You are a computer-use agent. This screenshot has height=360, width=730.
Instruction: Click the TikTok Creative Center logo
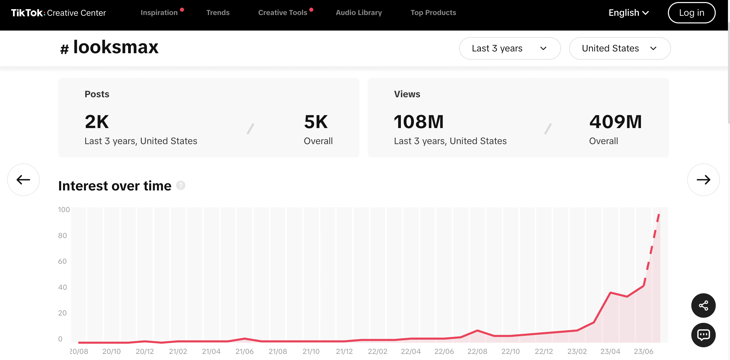tap(58, 13)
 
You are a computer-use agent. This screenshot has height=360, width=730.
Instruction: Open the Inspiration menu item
tap(159, 12)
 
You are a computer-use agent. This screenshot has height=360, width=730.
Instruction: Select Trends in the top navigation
tap(218, 12)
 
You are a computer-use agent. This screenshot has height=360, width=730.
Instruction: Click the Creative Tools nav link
tap(283, 12)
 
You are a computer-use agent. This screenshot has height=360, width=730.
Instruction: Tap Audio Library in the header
tap(359, 12)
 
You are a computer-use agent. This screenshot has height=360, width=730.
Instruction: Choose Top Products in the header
tap(433, 12)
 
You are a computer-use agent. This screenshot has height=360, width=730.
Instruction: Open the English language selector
tap(628, 13)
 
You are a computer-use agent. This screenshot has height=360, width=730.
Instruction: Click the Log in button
tap(692, 13)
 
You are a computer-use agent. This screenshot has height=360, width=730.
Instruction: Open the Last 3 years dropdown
tap(510, 48)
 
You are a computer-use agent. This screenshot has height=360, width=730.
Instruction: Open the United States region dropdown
tap(620, 48)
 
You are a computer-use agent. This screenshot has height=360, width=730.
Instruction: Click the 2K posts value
tap(97, 122)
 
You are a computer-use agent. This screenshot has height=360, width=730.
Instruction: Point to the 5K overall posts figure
tap(316, 122)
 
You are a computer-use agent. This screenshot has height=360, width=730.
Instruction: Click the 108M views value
tap(418, 122)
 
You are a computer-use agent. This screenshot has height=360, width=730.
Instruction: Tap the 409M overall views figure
tap(615, 122)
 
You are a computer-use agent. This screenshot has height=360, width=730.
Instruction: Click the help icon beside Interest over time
tap(180, 186)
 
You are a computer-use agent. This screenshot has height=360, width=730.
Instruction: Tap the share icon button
tap(703, 306)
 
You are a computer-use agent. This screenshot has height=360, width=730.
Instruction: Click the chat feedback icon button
tap(703, 335)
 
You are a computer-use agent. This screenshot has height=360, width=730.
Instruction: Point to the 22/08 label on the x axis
tap(477, 352)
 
